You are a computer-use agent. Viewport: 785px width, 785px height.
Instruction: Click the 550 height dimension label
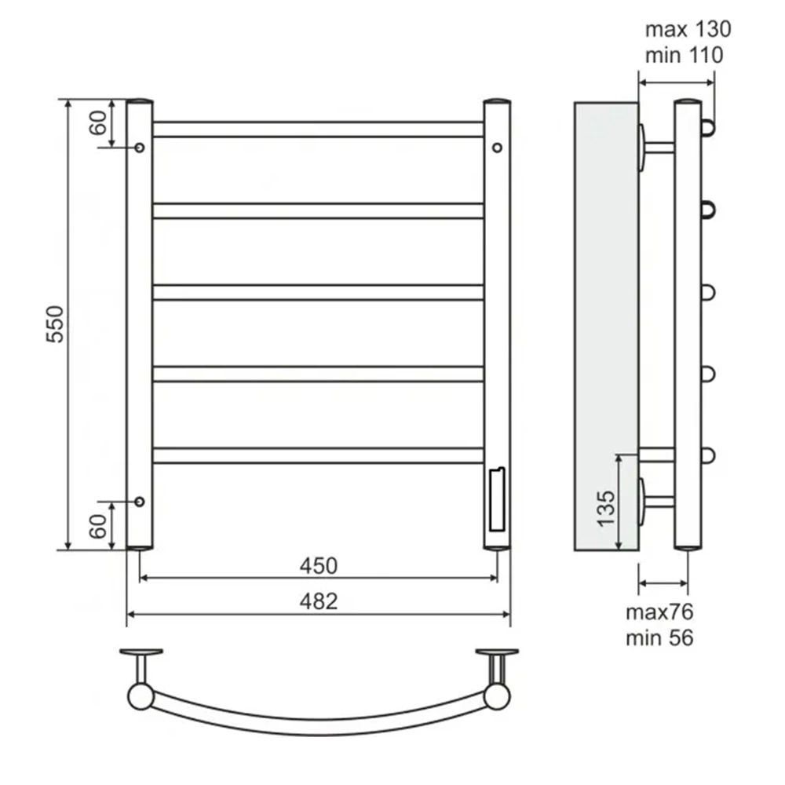pyautogui.click(x=55, y=324)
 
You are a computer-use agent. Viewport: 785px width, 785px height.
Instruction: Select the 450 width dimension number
pyautogui.click(x=319, y=566)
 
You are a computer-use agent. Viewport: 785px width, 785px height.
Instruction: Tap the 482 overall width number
pyautogui.click(x=319, y=601)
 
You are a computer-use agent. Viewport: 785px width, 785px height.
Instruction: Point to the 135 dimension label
pyautogui.click(x=606, y=508)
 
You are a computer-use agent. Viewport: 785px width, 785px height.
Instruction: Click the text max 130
pyautogui.click(x=688, y=30)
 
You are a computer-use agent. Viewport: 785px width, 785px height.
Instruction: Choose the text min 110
pyautogui.click(x=684, y=55)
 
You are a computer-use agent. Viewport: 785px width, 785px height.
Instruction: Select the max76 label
pyautogui.click(x=659, y=612)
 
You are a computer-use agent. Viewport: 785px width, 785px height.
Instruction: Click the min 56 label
pyautogui.click(x=659, y=637)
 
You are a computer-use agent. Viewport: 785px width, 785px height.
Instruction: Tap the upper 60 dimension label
pyautogui.click(x=98, y=122)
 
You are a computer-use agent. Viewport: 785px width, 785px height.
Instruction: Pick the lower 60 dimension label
pyautogui.click(x=98, y=526)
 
